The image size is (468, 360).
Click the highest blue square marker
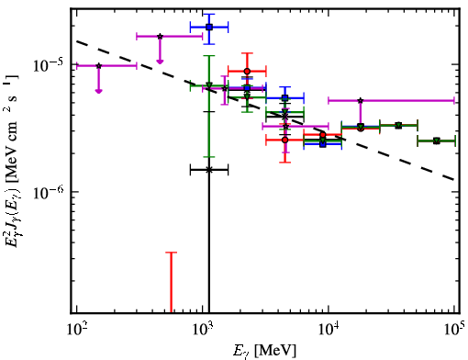[x=209, y=27]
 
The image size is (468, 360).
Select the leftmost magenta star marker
[x=98, y=66]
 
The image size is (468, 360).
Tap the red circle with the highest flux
[x=247, y=72]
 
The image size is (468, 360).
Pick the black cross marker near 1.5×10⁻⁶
[x=209, y=170]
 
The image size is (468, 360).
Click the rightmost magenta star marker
[x=361, y=100]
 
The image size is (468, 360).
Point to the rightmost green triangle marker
[x=437, y=141]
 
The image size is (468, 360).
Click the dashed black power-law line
[x=265, y=110]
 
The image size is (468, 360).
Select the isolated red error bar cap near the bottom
[x=172, y=253]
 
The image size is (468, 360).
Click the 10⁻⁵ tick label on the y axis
[x=49, y=65]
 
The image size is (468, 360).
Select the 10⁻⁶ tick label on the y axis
[x=49, y=192]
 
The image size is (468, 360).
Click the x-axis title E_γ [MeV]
[x=264, y=351]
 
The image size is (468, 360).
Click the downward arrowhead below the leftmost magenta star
[x=98, y=91]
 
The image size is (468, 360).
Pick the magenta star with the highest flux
[x=160, y=37]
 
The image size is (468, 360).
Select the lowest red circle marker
[x=285, y=140]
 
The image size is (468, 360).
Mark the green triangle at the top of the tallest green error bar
[x=209, y=85]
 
